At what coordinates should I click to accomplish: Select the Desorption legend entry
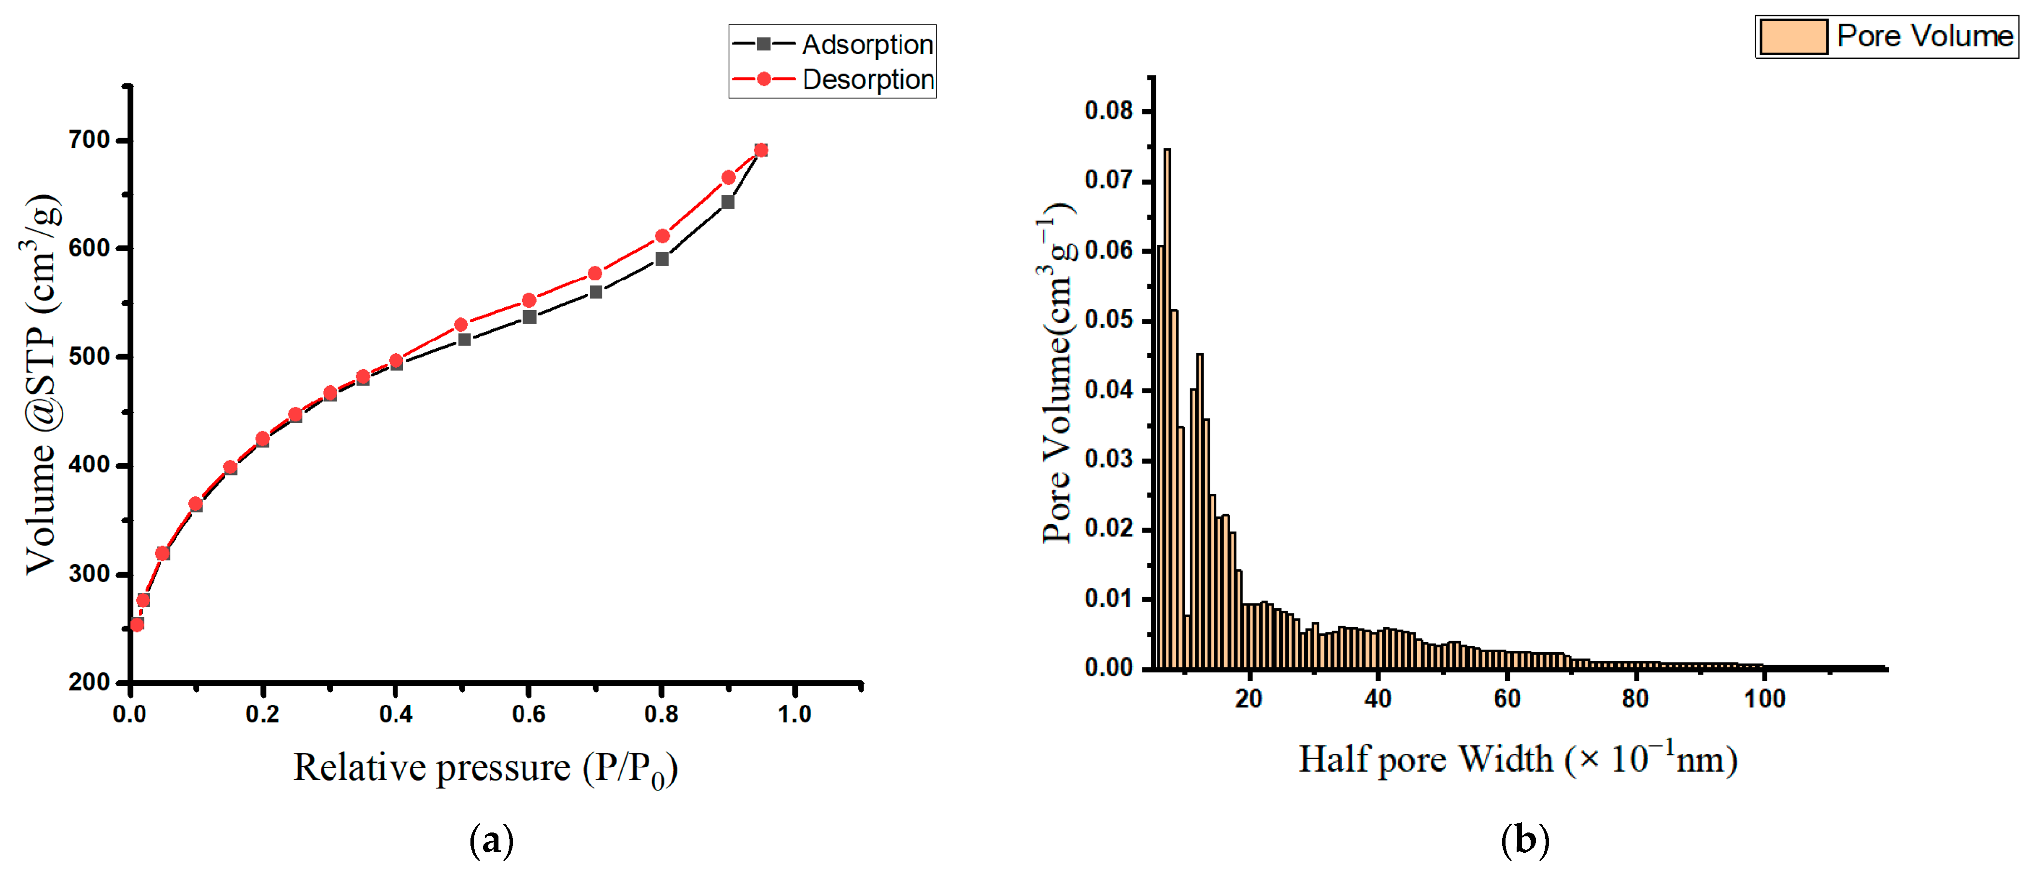pos(833,80)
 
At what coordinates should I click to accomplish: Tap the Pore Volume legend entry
pos(1886,36)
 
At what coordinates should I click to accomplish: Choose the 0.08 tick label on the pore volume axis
pos(1108,111)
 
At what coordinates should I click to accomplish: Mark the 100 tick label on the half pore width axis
pos(1764,699)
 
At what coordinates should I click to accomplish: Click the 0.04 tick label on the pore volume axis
pos(1108,390)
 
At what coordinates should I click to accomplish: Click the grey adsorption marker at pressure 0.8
pos(662,259)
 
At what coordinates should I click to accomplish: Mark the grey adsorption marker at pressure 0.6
pos(529,317)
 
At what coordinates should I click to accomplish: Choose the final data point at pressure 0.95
pos(761,150)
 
